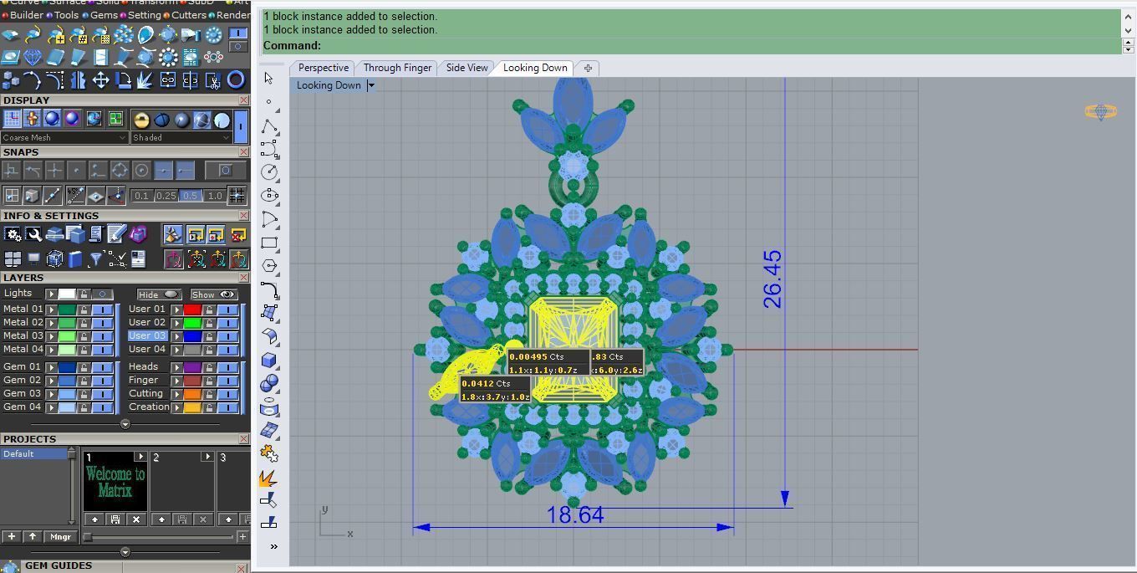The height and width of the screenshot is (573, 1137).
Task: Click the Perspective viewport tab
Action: point(323,68)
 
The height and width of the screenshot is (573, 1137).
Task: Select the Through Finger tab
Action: point(397,68)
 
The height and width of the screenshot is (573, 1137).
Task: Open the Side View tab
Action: point(467,68)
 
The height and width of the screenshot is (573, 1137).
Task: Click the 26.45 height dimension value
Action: point(772,279)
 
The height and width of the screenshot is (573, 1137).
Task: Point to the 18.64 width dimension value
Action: point(575,515)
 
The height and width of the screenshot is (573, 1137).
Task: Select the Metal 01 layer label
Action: point(23,309)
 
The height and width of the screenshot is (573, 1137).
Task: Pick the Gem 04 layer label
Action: point(23,407)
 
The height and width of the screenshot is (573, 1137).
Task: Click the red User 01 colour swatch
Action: point(192,310)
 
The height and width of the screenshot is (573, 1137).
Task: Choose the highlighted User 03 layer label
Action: point(147,335)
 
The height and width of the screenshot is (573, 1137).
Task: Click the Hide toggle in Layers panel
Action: point(159,294)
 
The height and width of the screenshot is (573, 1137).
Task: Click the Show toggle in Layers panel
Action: point(213,294)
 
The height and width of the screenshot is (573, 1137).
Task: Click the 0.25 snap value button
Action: point(166,196)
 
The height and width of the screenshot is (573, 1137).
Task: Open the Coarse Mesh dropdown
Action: point(64,137)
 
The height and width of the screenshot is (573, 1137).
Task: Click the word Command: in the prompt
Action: point(292,45)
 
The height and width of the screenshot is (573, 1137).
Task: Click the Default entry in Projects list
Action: point(18,453)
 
